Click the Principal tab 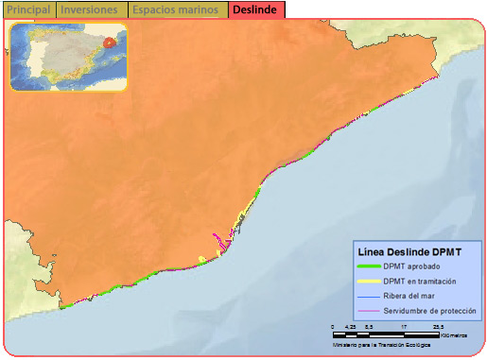(27, 9)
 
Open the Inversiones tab (90, 9)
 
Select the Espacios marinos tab (177, 9)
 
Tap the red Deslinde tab (255, 9)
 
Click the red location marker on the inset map (110, 42)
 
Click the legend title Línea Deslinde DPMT (409, 252)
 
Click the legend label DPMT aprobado (410, 267)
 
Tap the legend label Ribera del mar (411, 297)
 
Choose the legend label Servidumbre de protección (429, 311)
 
